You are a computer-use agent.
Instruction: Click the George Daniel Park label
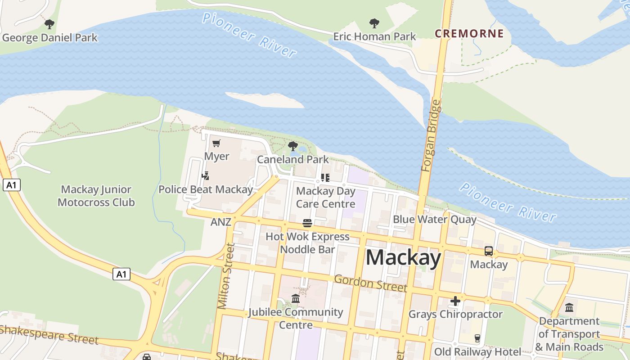coord(49,37)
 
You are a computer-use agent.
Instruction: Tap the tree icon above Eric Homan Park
coord(374,23)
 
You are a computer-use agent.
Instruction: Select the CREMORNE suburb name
coord(469,34)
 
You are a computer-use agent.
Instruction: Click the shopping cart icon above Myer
coord(216,144)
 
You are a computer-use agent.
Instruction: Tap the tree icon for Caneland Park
coord(293,146)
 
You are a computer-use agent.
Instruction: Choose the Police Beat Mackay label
coord(205,189)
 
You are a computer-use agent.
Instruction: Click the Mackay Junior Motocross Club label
coord(96,196)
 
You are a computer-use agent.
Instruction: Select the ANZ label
coord(220,222)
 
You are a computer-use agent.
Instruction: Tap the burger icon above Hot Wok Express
coord(307,223)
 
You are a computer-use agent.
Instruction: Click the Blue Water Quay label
coord(434,219)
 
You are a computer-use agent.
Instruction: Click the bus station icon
coord(488,251)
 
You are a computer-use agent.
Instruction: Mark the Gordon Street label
coord(370,283)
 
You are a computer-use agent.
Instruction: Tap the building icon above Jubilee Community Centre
coord(296,298)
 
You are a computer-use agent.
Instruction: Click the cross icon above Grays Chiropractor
coord(455,301)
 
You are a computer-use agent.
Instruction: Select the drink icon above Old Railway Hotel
coord(477,338)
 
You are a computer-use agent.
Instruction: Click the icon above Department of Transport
coord(569,308)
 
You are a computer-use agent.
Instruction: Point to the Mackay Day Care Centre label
coord(325,197)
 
